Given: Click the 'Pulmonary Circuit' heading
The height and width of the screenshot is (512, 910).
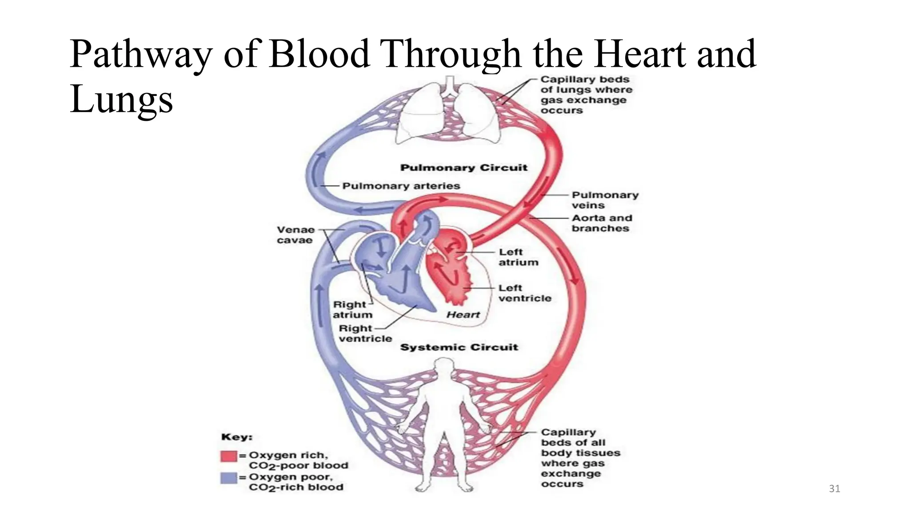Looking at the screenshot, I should (463, 168).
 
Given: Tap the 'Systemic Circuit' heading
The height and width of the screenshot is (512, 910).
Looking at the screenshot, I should (459, 347).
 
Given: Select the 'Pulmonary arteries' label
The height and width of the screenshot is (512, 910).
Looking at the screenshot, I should (401, 186).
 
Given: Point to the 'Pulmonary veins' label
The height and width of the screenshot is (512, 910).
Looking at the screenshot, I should (604, 200).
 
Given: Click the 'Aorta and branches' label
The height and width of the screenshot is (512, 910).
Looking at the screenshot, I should (601, 223).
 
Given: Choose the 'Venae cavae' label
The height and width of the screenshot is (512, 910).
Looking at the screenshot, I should (295, 235).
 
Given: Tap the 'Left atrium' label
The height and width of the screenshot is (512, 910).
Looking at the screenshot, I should (518, 257).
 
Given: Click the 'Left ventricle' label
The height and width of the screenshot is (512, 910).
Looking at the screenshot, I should (524, 293).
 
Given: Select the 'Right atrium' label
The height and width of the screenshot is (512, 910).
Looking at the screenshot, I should (352, 310).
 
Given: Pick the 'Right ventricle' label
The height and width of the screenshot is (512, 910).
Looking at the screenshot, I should (365, 333).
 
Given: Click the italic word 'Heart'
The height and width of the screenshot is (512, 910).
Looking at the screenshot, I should (463, 315).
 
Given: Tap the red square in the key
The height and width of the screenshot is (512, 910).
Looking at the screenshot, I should (228, 456).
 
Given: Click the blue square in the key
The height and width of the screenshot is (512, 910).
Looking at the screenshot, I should (228, 478).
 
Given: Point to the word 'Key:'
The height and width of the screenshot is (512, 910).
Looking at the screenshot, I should (237, 437).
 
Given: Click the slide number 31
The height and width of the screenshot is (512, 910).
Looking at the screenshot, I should (834, 489).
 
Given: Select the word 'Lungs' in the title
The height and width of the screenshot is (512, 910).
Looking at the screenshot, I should (121, 100).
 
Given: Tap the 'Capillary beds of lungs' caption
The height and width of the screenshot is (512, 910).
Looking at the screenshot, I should (586, 95).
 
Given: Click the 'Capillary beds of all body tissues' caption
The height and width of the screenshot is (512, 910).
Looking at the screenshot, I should (580, 458).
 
